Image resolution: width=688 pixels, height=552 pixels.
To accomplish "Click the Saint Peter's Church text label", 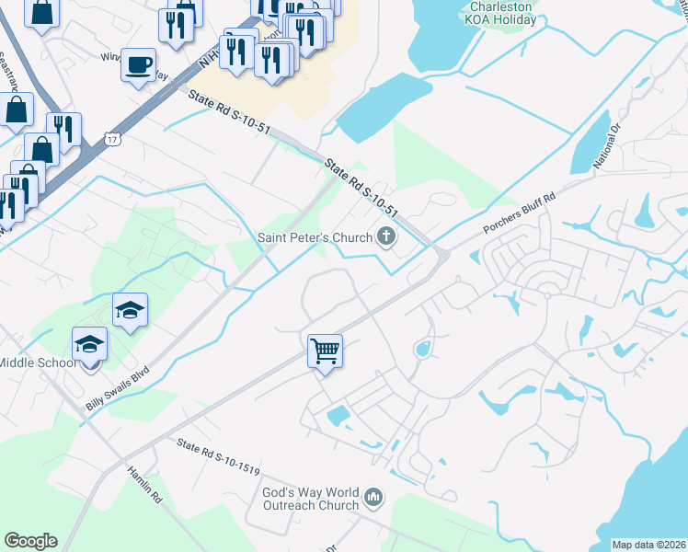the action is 314,238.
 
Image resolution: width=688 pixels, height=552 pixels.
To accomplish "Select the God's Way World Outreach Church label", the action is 310,499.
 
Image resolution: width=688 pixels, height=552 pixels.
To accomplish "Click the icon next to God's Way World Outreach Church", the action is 373,499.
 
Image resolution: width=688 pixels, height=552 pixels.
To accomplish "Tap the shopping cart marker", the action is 325,351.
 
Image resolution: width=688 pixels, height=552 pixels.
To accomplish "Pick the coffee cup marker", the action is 138,65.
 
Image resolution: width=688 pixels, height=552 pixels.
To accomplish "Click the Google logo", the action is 30,541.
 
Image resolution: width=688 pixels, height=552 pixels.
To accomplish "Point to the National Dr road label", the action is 608,144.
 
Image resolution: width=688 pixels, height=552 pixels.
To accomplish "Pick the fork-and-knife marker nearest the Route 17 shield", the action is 63,129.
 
